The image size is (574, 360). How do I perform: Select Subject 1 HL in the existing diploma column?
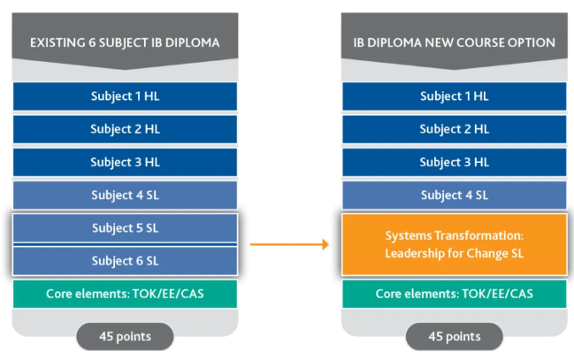pyautogui.click(x=125, y=96)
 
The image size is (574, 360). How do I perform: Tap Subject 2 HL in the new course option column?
pyautogui.click(x=454, y=129)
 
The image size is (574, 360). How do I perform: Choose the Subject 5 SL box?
pyautogui.click(x=125, y=228)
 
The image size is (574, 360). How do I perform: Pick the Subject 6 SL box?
pyautogui.click(x=125, y=260)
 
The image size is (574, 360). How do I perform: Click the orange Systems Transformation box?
pyautogui.click(x=454, y=244)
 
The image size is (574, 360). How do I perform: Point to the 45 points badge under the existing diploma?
pyautogui.click(x=125, y=336)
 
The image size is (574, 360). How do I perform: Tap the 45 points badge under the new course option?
pyautogui.click(x=454, y=336)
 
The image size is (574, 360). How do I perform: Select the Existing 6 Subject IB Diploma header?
pyautogui.click(x=125, y=42)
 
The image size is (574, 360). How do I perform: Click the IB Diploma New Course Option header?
pyautogui.click(x=454, y=42)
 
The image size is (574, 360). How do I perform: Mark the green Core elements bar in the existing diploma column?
pyautogui.click(x=125, y=294)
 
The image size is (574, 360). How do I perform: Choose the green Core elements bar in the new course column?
pyautogui.click(x=454, y=294)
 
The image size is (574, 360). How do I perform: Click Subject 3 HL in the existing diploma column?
pyautogui.click(x=125, y=162)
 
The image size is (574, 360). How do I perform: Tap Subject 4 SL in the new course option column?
pyautogui.click(x=454, y=195)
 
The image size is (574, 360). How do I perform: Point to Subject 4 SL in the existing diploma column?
pyautogui.click(x=125, y=195)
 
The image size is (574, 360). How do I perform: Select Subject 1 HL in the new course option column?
pyautogui.click(x=454, y=96)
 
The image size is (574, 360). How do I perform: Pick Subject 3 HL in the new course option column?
pyautogui.click(x=454, y=162)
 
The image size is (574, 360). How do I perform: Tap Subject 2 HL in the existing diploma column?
pyautogui.click(x=125, y=129)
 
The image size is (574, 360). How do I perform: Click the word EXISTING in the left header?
pyautogui.click(x=57, y=42)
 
